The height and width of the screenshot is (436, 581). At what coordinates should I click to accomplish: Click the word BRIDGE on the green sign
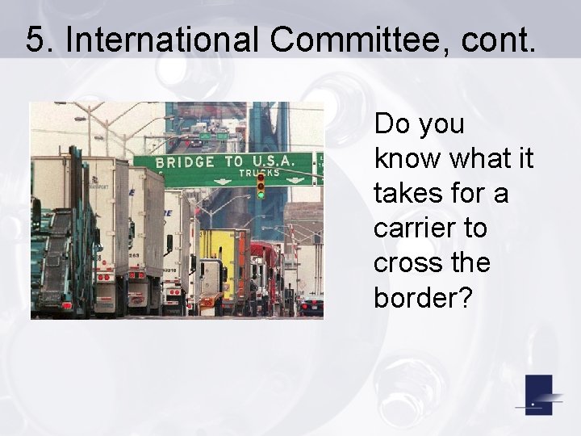point(186,161)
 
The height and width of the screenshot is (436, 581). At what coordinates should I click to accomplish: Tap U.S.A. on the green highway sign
point(277,161)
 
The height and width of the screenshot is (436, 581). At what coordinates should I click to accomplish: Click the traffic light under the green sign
point(261,187)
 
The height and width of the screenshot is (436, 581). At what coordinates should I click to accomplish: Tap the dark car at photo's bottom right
point(311,306)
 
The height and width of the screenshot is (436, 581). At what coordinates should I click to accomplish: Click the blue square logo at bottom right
point(538,395)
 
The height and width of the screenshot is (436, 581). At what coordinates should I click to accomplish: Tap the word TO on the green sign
point(233,161)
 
